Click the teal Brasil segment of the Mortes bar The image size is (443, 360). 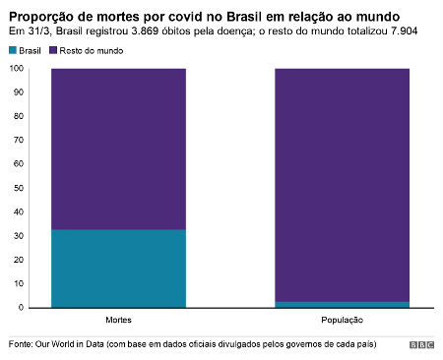click(x=118, y=268)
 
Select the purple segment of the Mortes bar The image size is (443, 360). click(x=118, y=148)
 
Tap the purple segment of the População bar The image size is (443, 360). click(x=342, y=182)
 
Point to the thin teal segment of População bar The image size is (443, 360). click(x=342, y=304)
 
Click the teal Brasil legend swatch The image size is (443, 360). click(x=13, y=50)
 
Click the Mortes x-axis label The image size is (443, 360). click(x=118, y=321)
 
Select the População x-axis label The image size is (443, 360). click(x=342, y=321)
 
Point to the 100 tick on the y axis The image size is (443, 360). click(x=17, y=69)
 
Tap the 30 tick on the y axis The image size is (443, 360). click(x=19, y=236)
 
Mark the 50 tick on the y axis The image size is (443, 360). click(x=19, y=188)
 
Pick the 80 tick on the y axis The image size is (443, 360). click(x=19, y=116)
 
